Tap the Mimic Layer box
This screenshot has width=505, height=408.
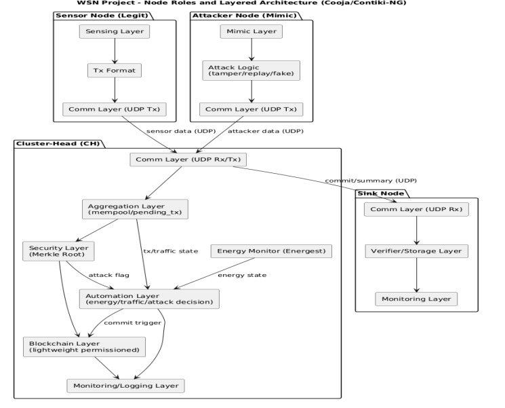(251, 32)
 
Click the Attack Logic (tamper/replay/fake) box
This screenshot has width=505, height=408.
(251, 70)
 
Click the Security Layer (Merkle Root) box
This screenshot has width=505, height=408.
(58, 251)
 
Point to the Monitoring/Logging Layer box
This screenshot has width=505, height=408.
(125, 386)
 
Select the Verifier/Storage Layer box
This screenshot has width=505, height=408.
(416, 251)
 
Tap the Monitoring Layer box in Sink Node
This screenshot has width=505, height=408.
(416, 299)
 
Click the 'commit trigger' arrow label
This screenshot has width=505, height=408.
(132, 322)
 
